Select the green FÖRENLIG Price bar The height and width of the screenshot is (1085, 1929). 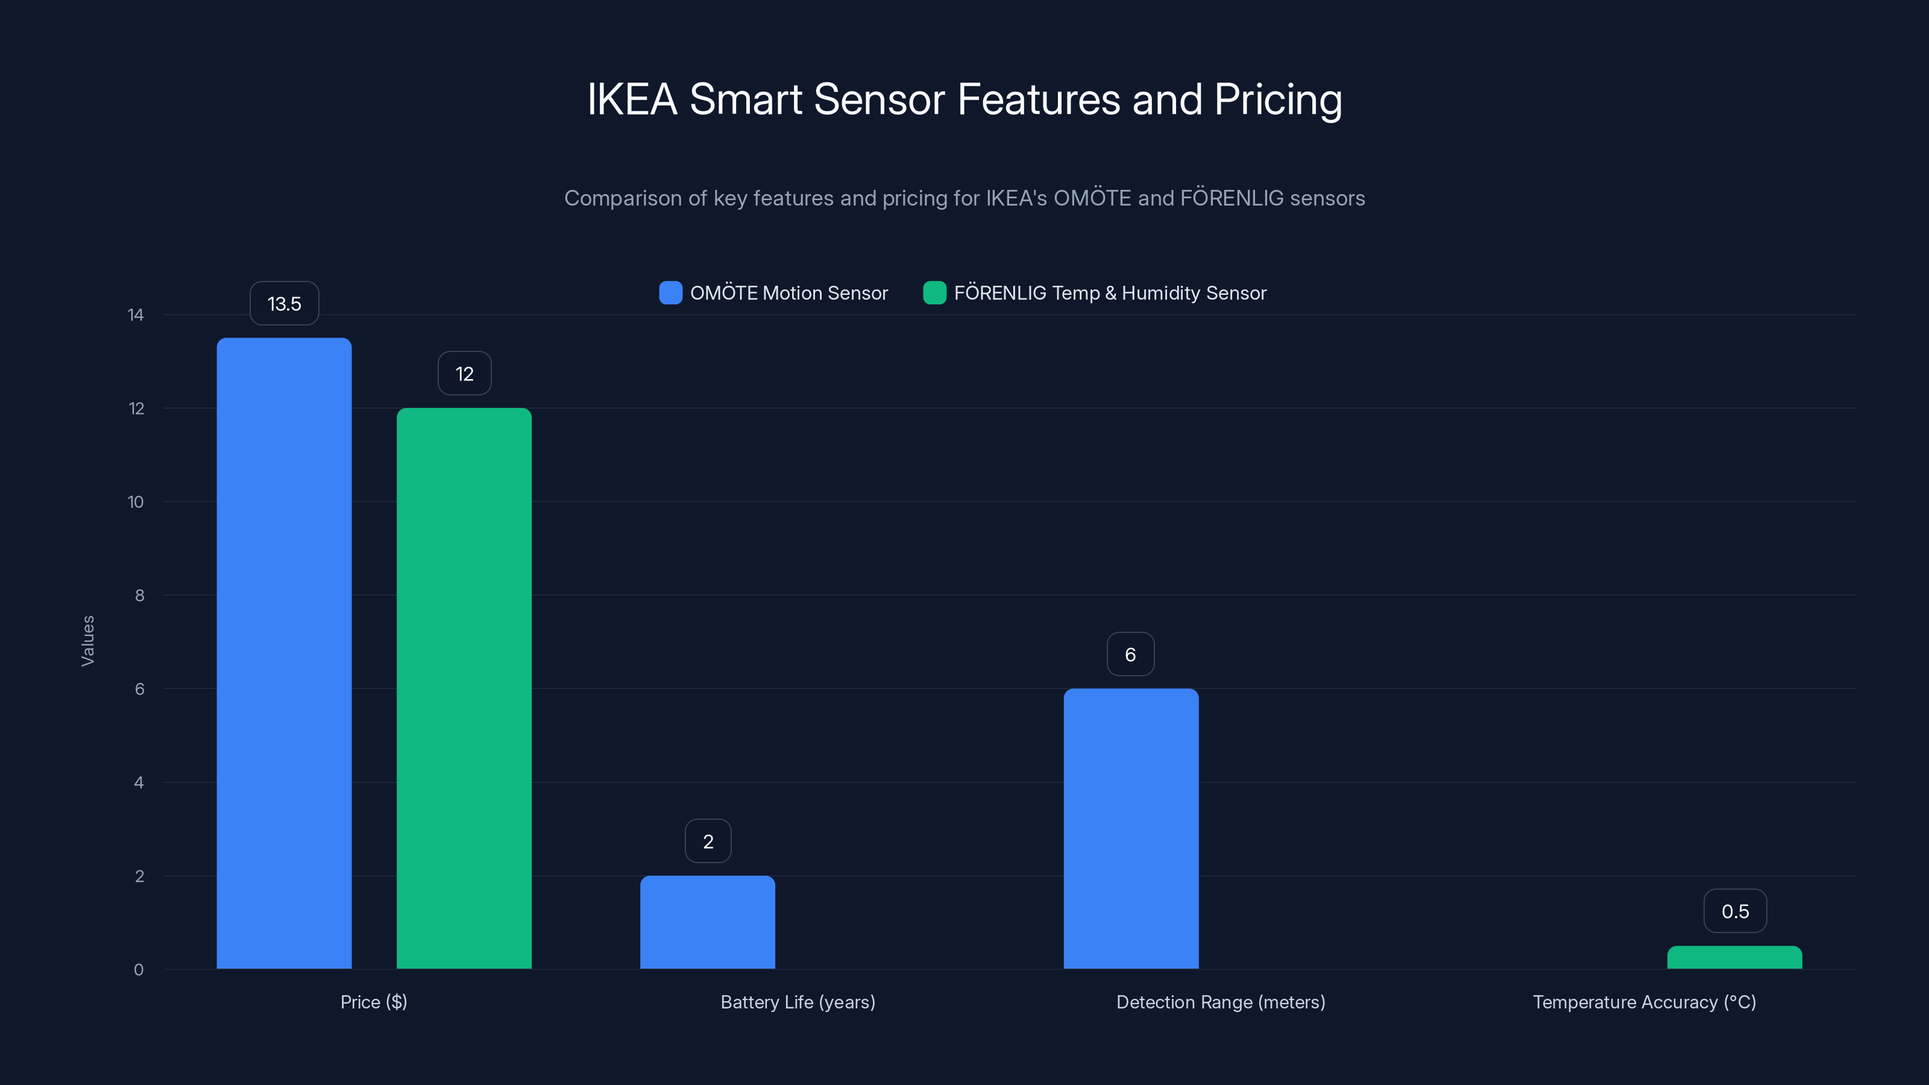tap(464, 687)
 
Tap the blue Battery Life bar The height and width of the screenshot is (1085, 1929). tap(707, 922)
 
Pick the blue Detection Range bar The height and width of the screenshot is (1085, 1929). tap(1131, 828)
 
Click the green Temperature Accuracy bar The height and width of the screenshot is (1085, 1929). tap(1734, 958)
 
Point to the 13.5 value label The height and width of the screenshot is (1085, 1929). tap(284, 303)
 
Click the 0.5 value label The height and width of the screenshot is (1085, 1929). tap(1735, 911)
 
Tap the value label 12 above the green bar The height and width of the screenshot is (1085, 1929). tap(464, 373)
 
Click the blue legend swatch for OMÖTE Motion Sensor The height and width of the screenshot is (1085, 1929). tap(670, 293)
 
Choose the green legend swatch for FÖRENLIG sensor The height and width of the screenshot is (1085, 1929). tap(934, 293)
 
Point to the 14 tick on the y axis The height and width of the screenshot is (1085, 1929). tap(136, 315)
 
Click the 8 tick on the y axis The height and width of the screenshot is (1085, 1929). tap(139, 596)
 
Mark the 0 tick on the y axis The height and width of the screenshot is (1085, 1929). tap(139, 970)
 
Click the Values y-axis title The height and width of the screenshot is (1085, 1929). tap(87, 641)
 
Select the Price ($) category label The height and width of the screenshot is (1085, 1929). tap(374, 1002)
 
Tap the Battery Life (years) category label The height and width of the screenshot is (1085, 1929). tap(798, 1002)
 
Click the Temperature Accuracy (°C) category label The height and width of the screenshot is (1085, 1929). tap(1644, 1002)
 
